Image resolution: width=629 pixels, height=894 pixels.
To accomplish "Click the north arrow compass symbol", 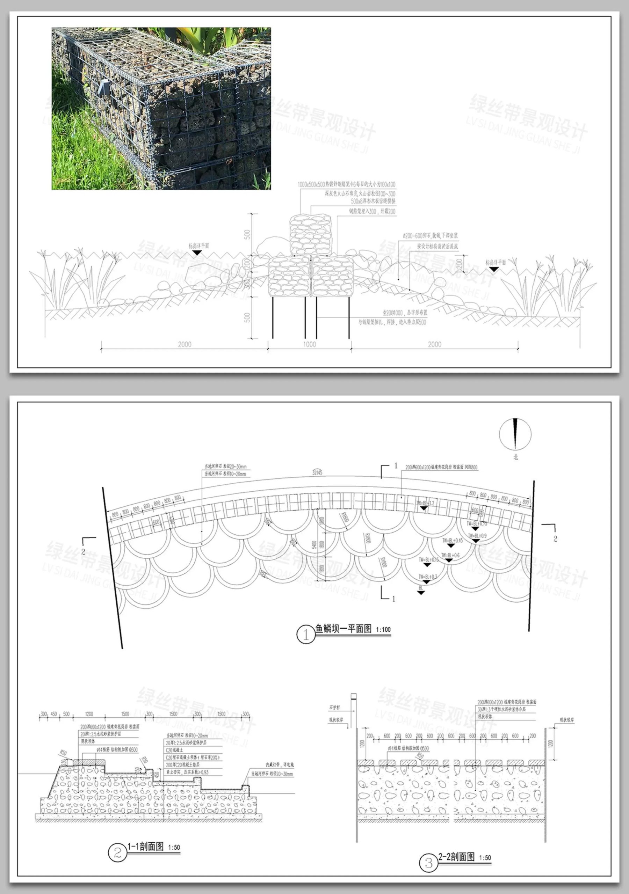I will [515, 434].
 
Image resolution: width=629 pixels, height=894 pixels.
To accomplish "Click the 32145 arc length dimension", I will [317, 472].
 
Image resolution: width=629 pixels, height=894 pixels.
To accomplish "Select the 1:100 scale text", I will [383, 630].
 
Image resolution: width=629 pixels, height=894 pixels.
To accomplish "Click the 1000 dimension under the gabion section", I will [310, 344].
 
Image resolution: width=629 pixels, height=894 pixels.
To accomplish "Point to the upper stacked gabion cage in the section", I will [310, 235].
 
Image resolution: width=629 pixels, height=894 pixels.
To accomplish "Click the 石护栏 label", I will [334, 707].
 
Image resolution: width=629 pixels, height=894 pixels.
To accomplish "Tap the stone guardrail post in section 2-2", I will [354, 710].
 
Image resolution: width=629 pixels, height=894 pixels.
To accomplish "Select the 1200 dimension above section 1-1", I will [89, 714].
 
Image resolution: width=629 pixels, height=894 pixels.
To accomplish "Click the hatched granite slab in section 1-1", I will [89, 761].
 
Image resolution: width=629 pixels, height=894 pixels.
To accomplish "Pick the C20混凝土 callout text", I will [174, 750].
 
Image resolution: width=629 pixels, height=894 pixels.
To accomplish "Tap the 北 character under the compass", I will [515, 457].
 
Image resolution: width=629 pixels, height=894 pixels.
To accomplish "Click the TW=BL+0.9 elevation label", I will [477, 536].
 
